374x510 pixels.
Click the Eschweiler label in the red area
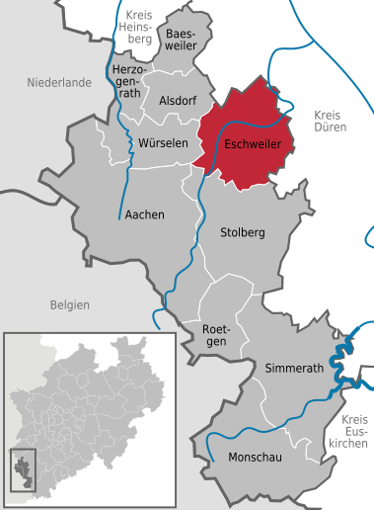pyautogui.click(x=254, y=142)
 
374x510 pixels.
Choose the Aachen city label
pyautogui.click(x=144, y=213)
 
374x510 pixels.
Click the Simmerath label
pyautogui.click(x=292, y=369)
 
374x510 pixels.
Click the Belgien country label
pyautogui.click(x=70, y=305)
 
